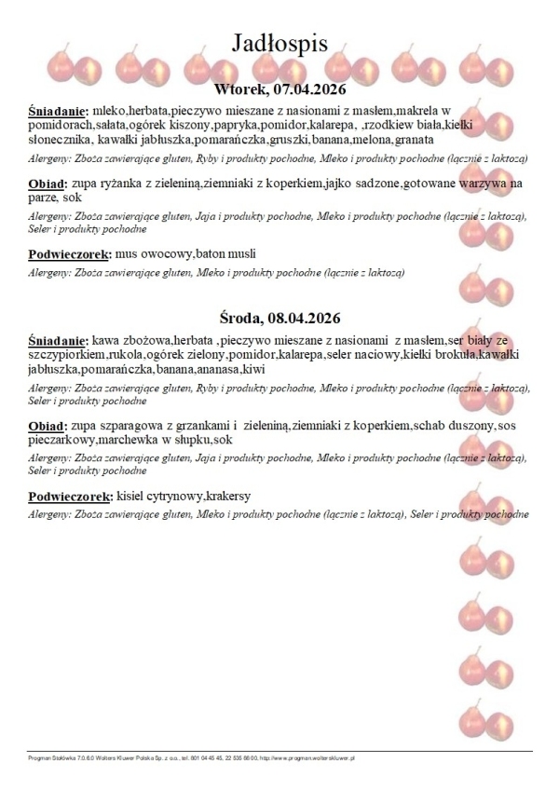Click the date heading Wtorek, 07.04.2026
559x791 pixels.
click(x=279, y=90)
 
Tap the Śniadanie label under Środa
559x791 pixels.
click(x=58, y=340)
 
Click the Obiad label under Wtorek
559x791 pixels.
click(x=48, y=184)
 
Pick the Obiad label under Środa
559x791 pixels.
click(x=48, y=426)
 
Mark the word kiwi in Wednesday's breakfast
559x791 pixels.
click(x=253, y=369)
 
